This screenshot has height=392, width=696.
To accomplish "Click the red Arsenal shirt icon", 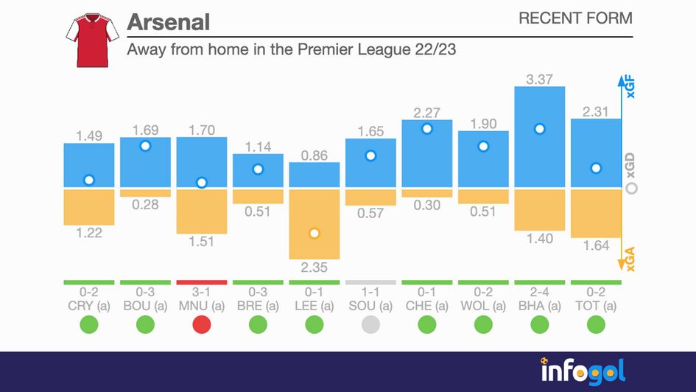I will coord(92,38).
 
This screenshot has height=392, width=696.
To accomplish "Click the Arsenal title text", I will coord(168,21).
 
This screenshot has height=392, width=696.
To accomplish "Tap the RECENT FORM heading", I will coord(574,18).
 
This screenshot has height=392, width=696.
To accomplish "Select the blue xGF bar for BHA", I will coord(539,137).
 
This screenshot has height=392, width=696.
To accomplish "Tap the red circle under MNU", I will coord(202,324).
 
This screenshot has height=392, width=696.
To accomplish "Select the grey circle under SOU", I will coord(370,324).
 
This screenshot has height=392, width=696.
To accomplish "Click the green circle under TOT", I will coord(596,324).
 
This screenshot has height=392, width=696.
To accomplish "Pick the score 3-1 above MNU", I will coord(202,292).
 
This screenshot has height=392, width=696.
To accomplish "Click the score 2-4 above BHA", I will coord(539,292).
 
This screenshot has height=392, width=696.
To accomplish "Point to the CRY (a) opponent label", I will coord(89,305).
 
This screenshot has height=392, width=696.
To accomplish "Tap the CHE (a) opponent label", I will coord(426,305).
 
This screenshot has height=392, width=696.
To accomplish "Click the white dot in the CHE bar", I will coord(426,128).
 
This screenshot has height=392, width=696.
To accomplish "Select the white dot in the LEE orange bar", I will coord(314,234).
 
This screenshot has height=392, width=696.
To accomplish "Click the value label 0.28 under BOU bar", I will coord(145,205).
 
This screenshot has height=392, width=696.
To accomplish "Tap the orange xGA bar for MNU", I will coord(202,211).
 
